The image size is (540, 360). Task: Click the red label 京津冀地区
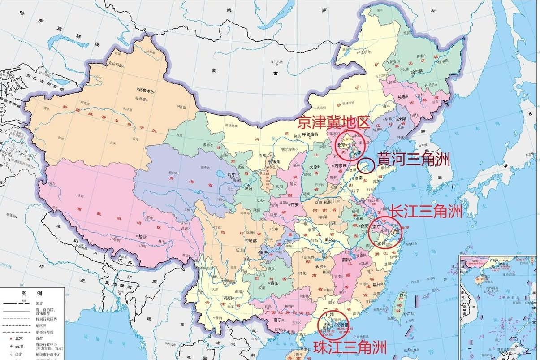pyautogui.click(x=333, y=121)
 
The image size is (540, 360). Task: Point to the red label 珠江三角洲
pyautogui.click(x=350, y=347)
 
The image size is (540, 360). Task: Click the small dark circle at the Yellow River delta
pyautogui.click(x=366, y=166)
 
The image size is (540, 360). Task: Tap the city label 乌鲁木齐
pyautogui.click(x=146, y=91)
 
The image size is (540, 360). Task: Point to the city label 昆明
pyautogui.click(x=228, y=298)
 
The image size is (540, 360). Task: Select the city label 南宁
pyautogui.click(x=277, y=320)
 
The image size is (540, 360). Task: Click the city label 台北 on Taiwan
pyautogui.click(x=404, y=295)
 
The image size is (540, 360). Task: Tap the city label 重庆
pyautogui.click(x=265, y=252)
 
